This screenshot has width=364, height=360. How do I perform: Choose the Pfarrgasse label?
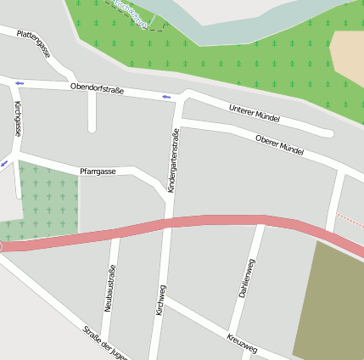(98, 171)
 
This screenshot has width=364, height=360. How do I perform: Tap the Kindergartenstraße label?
(173, 160)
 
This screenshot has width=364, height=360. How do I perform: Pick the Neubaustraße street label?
(109, 289)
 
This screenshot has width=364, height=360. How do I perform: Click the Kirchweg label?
(160, 301)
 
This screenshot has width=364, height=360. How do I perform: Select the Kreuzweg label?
(242, 342)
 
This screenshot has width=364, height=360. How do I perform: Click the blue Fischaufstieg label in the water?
(132, 15)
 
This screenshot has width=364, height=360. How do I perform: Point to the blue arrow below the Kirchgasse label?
(4, 162)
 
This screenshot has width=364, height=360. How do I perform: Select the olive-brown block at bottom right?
(331, 306)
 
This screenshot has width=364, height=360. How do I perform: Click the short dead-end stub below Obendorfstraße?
(92, 115)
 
